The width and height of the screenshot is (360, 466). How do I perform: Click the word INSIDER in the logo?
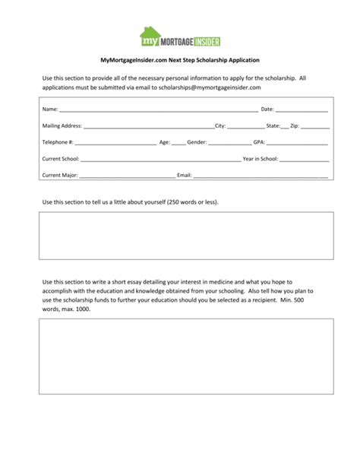pos(203,39)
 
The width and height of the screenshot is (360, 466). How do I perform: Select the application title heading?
pos(180,59)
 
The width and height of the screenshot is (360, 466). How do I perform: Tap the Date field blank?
pos(302,110)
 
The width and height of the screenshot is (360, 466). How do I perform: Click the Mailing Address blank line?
pos(149,126)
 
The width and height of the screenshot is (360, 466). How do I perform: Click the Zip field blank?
pos(314,126)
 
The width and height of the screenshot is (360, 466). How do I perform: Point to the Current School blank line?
pos(160,160)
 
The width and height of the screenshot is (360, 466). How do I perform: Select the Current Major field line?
pos(127,176)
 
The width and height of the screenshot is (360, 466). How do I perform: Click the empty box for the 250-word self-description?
pos(186,235)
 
